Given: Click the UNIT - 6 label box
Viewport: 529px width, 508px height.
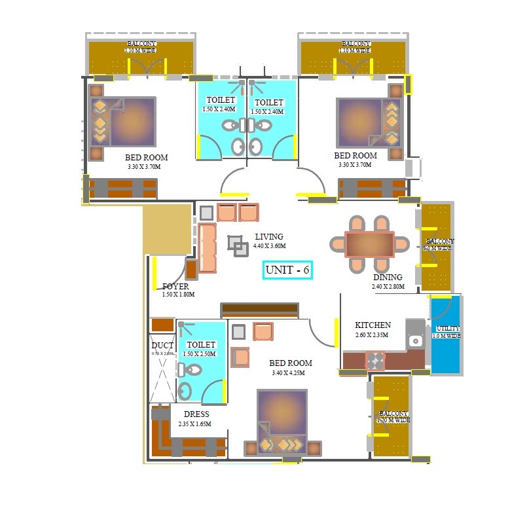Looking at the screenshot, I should coord(287,270).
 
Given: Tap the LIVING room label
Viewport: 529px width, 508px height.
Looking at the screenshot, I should coord(269,237).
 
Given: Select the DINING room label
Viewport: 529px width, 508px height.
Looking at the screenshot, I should coord(388,278).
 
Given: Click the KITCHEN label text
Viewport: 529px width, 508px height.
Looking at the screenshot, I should coord(373,325).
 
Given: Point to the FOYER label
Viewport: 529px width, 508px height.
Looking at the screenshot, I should coord(175,287).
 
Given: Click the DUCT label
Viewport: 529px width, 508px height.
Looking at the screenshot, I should coord(162,346).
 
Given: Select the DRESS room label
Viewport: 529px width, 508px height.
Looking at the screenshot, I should coord(196,414).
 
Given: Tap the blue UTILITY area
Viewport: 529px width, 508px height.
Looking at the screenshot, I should coord(446,335).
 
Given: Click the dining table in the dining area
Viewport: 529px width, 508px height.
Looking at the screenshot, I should coord(369,244).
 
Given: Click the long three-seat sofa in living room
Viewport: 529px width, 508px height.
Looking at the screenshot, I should coord(207,247).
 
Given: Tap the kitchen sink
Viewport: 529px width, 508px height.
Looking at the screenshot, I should coord(414,340).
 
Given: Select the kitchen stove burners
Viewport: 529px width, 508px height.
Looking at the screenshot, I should coord(374,361).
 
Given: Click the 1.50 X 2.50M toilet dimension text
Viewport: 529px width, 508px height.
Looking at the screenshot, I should coord(200,354).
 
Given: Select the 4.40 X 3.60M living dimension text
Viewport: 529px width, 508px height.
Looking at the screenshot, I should coord(269,246).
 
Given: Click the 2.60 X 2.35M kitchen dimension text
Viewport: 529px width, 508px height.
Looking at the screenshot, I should coord(373,335).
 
